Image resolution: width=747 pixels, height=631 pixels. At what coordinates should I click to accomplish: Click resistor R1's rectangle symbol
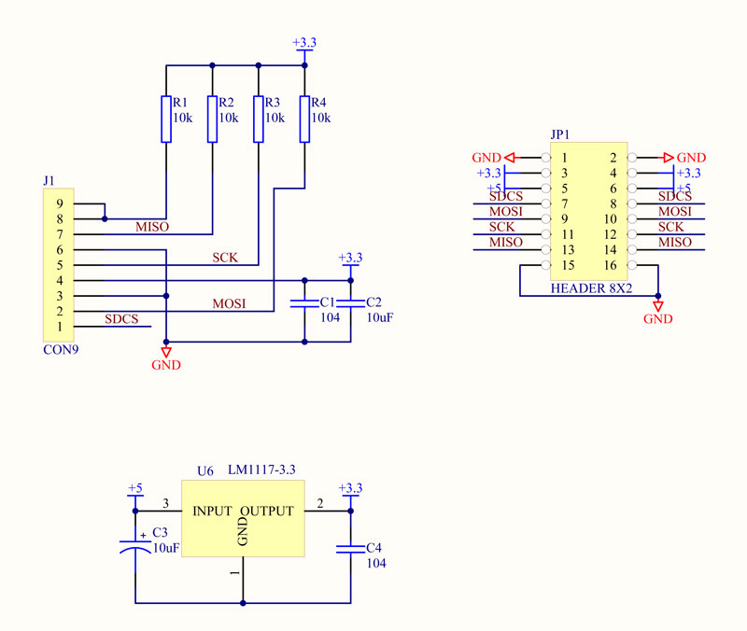(166, 119)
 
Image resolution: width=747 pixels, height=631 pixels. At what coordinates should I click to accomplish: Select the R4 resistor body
(304, 119)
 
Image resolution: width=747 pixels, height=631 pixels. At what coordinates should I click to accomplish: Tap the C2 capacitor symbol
(351, 303)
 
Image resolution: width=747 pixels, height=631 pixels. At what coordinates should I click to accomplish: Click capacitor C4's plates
(351, 550)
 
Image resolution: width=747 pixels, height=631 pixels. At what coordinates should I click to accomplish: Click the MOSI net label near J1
(229, 304)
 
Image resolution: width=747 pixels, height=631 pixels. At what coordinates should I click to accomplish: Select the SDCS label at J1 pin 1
(121, 319)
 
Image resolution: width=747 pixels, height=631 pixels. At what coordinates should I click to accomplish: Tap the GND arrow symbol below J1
(166, 351)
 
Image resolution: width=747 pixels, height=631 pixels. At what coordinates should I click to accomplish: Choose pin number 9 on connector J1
(59, 203)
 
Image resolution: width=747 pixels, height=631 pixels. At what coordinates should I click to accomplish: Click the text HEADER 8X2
(592, 288)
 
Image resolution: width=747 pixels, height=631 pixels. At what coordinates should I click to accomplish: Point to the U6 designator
(204, 471)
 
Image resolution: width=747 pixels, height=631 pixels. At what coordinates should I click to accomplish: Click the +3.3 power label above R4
(304, 43)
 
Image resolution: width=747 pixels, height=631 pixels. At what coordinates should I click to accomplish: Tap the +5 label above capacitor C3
(134, 488)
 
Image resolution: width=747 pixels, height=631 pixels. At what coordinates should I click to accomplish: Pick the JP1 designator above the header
(560, 134)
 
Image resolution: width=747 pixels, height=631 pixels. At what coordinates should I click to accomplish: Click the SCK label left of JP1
(501, 228)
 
